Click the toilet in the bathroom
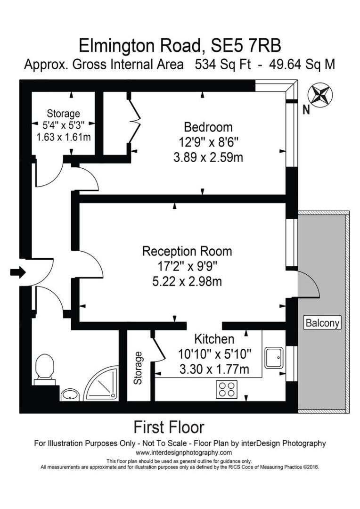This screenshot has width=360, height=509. point(45,368)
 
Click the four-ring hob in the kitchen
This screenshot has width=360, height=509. point(227,389)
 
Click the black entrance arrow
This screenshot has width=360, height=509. point(18,272)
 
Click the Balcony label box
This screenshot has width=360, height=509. point(323,323)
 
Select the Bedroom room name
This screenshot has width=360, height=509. point(208,127)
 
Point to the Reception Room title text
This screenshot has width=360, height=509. point(187,251)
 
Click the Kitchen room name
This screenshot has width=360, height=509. point(214,339)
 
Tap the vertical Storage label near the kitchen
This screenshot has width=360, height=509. point(138,368)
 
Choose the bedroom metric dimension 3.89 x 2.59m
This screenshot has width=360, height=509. point(208,157)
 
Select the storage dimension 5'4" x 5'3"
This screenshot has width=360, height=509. point(63,125)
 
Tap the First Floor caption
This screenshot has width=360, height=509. point(169,427)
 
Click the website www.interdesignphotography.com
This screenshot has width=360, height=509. point(180,452)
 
